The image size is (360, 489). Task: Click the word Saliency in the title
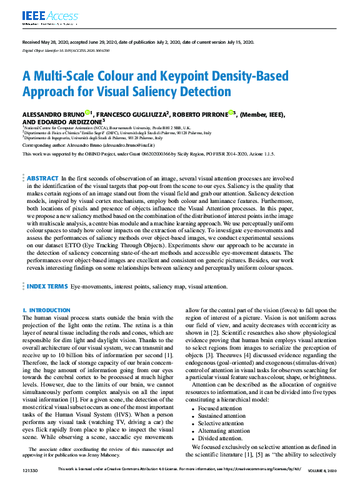point(172,92)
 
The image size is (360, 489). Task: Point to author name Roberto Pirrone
point(199,114)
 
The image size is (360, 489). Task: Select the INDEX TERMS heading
point(47,285)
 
